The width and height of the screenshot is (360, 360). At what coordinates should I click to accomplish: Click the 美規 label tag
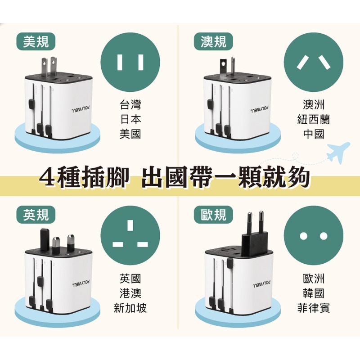36,41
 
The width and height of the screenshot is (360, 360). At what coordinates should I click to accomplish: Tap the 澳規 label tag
213,41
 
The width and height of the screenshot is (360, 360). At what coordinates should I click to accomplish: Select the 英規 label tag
36,215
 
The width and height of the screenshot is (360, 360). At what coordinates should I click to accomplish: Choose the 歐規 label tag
213,215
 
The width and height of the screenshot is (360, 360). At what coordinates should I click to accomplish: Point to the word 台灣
130,105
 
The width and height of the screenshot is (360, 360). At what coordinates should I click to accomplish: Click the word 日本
130,120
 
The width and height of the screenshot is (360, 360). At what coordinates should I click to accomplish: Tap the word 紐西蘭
313,120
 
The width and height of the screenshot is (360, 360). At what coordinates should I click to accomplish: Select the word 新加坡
130,308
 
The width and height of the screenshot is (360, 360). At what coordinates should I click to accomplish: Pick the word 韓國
313,294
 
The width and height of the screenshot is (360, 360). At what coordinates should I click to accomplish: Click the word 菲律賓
313,308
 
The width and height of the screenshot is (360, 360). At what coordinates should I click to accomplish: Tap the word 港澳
130,294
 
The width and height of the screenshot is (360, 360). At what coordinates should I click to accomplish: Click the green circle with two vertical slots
130,62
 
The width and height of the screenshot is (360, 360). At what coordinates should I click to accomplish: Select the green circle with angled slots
314,62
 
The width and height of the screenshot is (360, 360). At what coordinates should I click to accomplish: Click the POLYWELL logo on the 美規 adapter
81,108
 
